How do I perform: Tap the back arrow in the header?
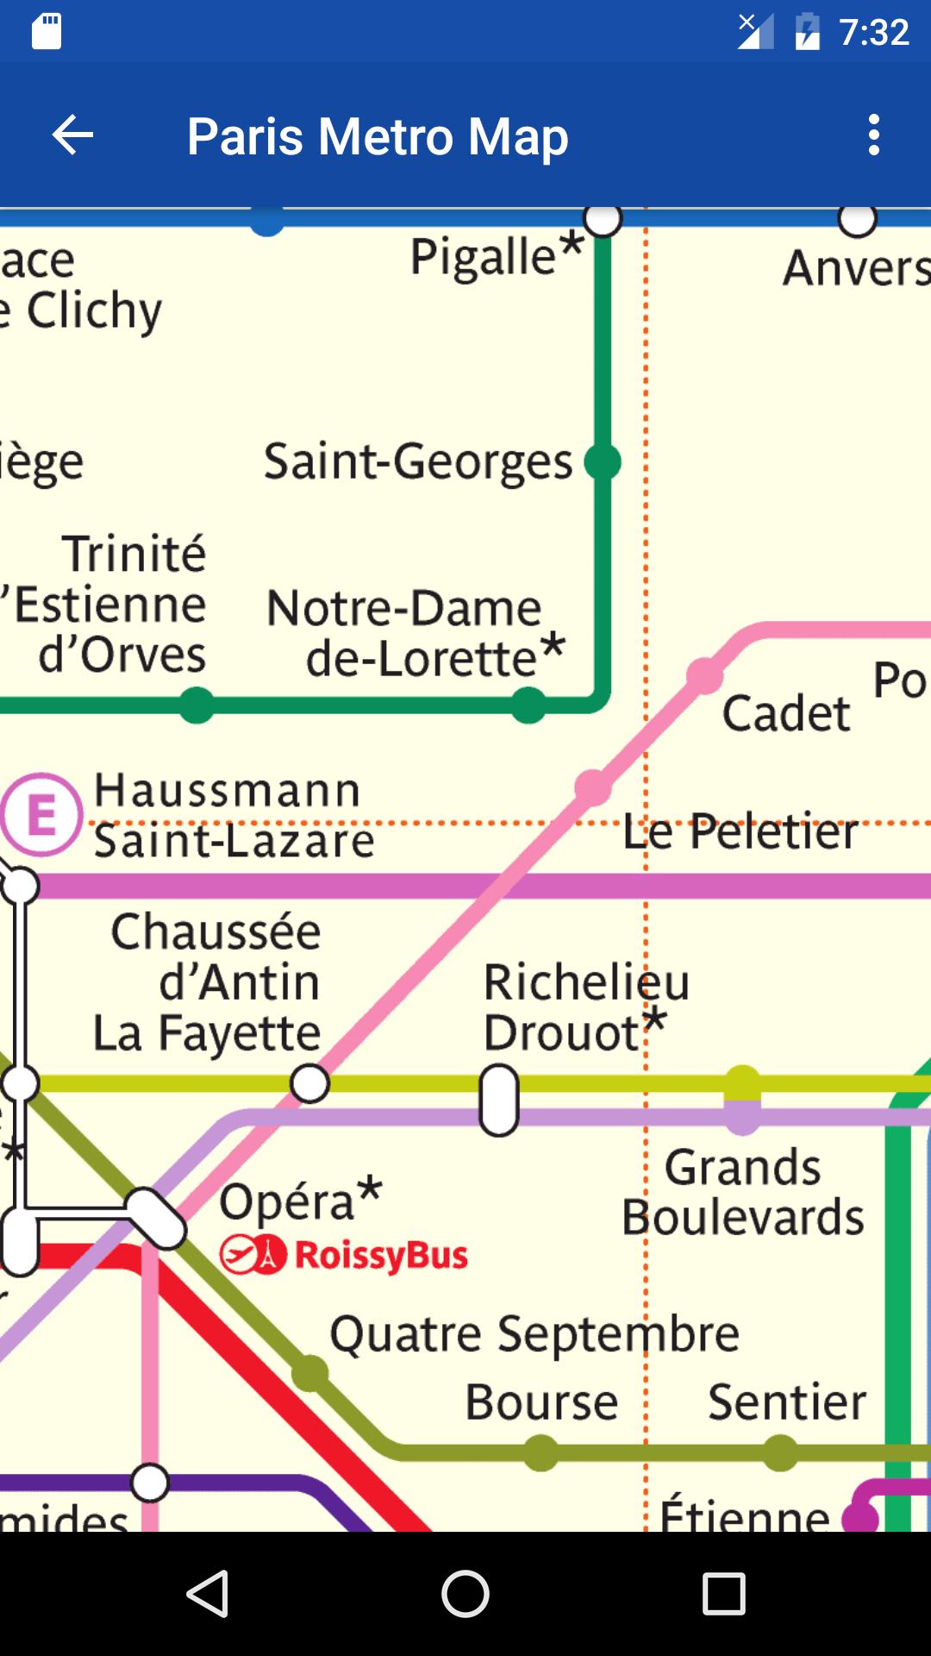tap(72, 135)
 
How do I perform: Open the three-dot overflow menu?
tap(873, 135)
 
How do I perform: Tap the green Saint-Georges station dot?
tap(603, 462)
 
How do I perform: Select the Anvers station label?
tap(855, 267)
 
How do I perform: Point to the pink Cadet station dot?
tap(704, 675)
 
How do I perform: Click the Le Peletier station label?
tap(740, 831)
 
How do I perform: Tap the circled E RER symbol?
tap(41, 814)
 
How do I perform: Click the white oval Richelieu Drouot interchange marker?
tap(499, 1100)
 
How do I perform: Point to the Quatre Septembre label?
tap(534, 1334)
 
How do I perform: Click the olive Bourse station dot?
tap(541, 1452)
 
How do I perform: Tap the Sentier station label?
tap(786, 1402)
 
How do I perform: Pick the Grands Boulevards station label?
tap(743, 1192)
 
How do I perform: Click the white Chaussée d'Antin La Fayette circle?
tap(309, 1083)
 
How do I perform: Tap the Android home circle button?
tap(465, 1593)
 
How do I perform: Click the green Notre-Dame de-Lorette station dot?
tap(528, 706)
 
